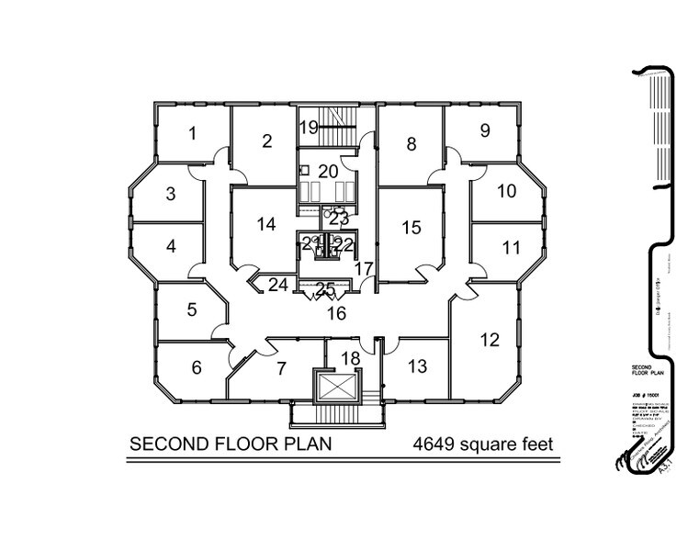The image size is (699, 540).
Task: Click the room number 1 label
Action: [192, 133]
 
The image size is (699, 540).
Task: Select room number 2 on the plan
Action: [267, 141]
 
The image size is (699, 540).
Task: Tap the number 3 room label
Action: [171, 194]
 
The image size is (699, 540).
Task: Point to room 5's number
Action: [171, 246]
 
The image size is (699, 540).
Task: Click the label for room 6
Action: [191, 309]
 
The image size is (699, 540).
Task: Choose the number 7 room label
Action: [196, 367]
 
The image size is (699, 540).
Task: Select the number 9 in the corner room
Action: [412, 143]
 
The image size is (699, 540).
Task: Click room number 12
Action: [485, 130]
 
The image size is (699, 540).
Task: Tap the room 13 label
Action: [507, 191]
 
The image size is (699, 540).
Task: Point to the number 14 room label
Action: [512, 246]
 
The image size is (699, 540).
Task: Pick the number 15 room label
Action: [490, 340]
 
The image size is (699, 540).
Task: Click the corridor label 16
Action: [417, 366]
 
